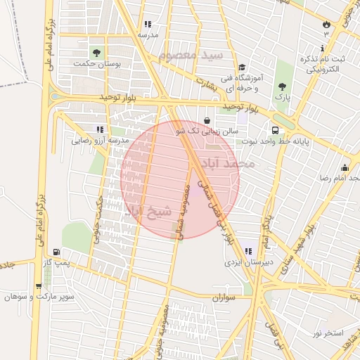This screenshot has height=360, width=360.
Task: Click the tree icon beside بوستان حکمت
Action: pos(96,53)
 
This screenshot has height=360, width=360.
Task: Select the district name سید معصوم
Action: pos(191,56)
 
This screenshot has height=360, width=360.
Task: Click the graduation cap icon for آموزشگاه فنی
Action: pos(242,67)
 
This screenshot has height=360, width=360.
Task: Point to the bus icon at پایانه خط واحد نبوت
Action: pos(275,130)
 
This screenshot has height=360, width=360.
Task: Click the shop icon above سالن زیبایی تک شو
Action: pos(207,120)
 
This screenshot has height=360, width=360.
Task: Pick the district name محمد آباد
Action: pos(227,163)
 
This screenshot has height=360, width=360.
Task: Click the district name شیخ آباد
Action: pos(147,210)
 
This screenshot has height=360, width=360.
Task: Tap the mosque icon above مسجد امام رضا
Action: pos(345,167)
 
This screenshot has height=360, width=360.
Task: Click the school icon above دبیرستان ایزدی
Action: pos(247,251)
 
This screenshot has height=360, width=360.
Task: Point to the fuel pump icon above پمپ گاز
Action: pos(56,252)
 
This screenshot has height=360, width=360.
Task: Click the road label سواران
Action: pos(226,298)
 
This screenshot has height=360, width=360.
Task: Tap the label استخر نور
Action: pos(328,332)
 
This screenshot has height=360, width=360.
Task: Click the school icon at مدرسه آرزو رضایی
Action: pos(100,129)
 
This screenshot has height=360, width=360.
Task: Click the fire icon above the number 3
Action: pos(326,23)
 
